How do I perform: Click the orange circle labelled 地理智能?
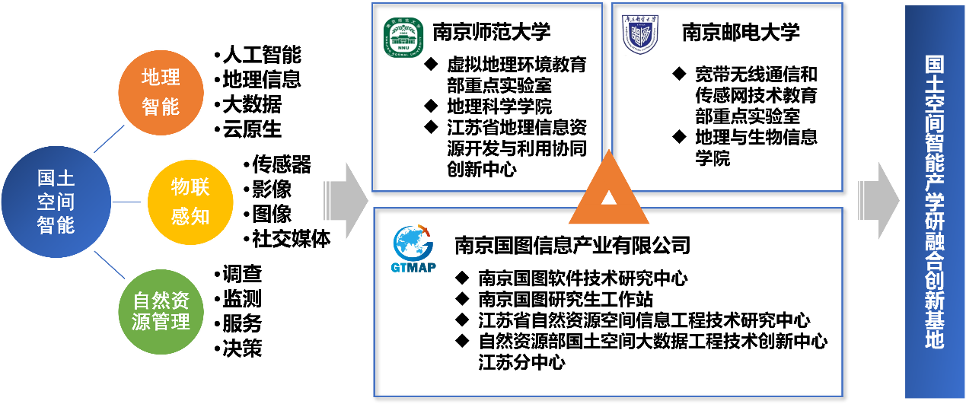[161, 92]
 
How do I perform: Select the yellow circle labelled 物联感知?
[190, 202]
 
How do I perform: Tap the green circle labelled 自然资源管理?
[161, 310]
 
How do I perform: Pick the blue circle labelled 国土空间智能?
[56, 202]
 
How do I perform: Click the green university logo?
[403, 37]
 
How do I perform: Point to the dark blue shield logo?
[640, 34]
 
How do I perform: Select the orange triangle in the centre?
[609, 199]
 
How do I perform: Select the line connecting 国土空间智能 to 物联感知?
[129, 202]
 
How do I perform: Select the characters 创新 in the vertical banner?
[934, 287]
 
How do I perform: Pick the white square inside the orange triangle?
[609, 198]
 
